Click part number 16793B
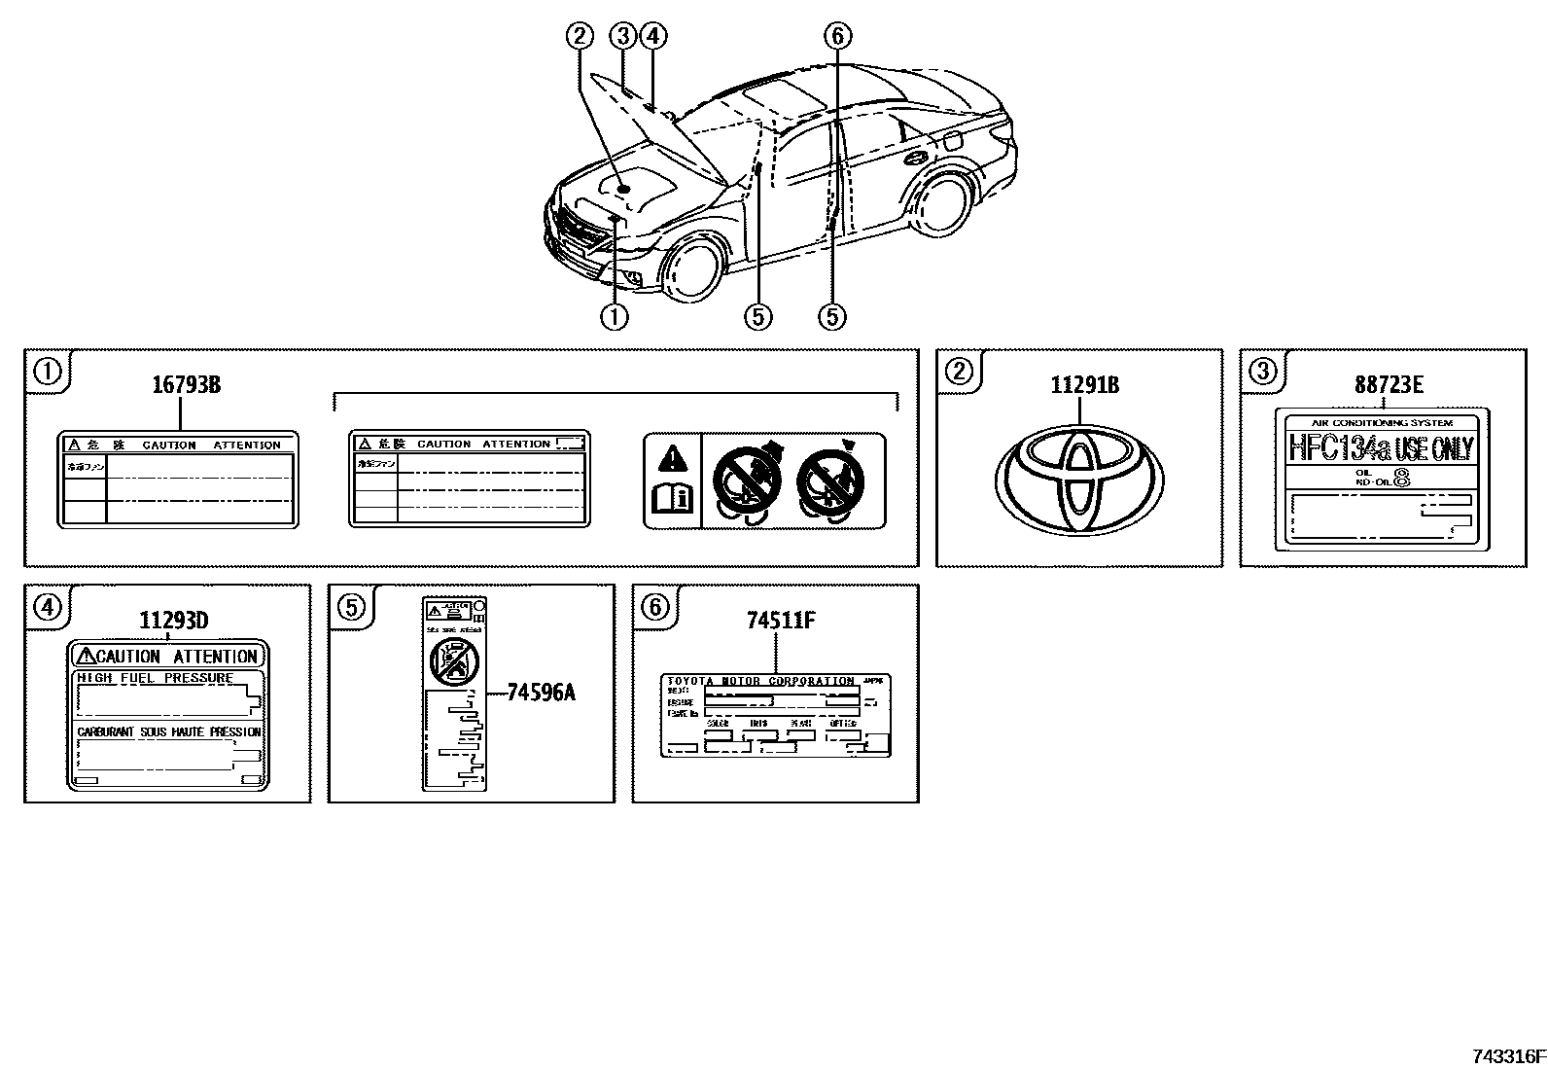point(186,385)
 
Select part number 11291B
point(1084,385)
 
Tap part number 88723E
point(1389,385)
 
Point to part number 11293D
point(173,621)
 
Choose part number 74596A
point(542,693)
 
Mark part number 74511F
point(781,621)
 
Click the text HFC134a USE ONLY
point(1381,448)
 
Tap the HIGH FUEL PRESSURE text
point(156,678)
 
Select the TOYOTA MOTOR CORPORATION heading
point(760,681)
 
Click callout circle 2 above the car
point(580,37)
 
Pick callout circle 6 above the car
point(837,37)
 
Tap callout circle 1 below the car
point(614,316)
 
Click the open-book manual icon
point(672,499)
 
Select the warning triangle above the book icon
point(672,456)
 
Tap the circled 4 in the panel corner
point(47,607)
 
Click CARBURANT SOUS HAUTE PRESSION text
point(169,731)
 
